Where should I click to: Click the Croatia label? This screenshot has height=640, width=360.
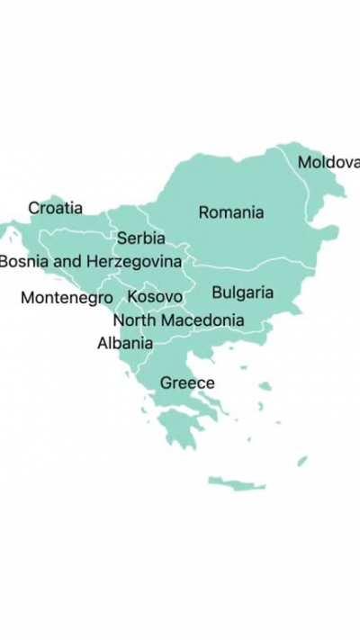tap(55, 208)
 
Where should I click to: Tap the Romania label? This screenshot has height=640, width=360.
tap(231, 212)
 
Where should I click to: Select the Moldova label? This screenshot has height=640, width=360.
tap(328, 162)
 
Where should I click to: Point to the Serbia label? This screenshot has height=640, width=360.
tap(141, 239)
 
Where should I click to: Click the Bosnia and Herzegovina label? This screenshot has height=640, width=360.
tap(90, 261)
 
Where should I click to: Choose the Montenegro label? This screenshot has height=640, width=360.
tap(67, 297)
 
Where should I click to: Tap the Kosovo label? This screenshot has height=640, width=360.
tap(155, 296)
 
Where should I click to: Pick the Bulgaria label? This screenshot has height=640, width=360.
tap(242, 293)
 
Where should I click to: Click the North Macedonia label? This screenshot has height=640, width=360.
tap(178, 320)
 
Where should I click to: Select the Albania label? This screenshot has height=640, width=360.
tap(125, 342)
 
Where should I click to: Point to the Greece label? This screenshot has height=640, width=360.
tap(187, 383)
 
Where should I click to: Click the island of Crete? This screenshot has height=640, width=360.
tap(237, 483)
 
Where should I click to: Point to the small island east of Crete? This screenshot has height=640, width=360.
tap(302, 461)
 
